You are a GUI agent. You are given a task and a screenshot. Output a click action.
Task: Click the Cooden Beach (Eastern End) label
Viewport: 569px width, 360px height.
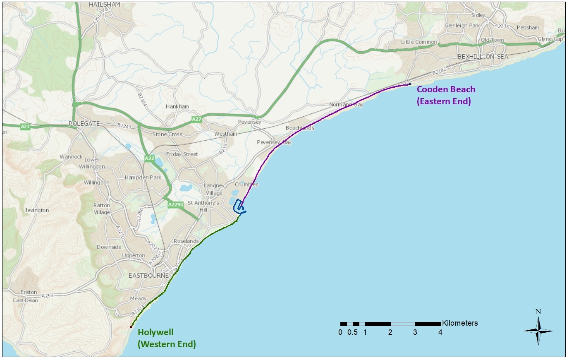pyautogui.click(x=446, y=95)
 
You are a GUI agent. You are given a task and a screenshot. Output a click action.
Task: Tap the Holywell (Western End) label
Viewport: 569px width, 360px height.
pyautogui.click(x=167, y=338)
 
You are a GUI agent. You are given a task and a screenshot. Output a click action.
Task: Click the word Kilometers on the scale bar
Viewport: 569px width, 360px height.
pyautogui.click(x=460, y=323)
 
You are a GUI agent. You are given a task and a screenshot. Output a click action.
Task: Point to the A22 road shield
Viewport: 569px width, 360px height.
pyautogui.click(x=149, y=158)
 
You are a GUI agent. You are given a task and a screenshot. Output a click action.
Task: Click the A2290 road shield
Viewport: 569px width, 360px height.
pyautogui.click(x=175, y=204)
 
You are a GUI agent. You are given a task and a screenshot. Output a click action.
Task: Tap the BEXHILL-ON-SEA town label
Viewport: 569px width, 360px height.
pyautogui.click(x=483, y=57)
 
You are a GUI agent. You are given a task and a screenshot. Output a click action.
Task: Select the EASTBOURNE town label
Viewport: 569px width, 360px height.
pyautogui.click(x=148, y=276)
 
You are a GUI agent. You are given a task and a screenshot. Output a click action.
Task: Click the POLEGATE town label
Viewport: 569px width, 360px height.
pyautogui.click(x=84, y=124)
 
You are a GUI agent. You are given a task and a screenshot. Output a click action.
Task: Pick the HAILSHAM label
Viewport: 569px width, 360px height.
pyautogui.click(x=105, y=5)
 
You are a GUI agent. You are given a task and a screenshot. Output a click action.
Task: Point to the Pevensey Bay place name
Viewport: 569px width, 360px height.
pyautogui.click(x=274, y=142)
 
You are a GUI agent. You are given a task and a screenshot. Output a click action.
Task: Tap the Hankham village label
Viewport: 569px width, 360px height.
pyautogui.click(x=177, y=107)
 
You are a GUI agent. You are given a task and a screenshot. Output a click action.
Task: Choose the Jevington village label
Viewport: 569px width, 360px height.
pyautogui.click(x=37, y=210)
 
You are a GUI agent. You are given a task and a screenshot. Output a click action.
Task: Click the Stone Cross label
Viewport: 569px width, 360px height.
pyautogui.click(x=167, y=134)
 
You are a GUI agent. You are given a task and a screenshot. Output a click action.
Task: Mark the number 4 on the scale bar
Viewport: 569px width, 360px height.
pyautogui.click(x=440, y=332)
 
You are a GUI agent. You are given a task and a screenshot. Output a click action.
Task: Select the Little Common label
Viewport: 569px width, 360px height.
pyautogui.click(x=419, y=42)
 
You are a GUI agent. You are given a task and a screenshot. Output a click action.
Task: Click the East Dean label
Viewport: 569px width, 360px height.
pyautogui.click(x=25, y=300)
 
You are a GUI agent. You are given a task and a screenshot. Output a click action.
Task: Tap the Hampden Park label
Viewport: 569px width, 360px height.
pyautogui.click(x=143, y=178)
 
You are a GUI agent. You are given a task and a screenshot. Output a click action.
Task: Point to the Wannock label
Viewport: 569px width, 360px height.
pyautogui.click(x=71, y=157)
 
